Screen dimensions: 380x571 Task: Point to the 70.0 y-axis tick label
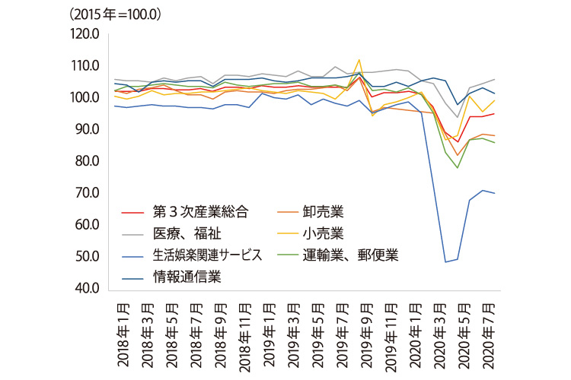[x=87, y=193]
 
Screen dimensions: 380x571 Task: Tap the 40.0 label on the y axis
[x=87, y=288]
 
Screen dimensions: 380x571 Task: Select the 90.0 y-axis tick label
[x=87, y=129]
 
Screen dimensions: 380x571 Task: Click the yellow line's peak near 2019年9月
[x=359, y=59]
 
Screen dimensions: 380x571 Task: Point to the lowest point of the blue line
[x=445, y=262]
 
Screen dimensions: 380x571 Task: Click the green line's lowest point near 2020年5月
[x=458, y=168]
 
